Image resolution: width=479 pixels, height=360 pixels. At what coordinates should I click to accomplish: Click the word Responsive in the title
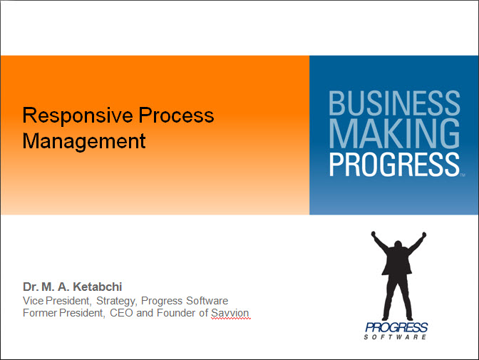pos(78,115)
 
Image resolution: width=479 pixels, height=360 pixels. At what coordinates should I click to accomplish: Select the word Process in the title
pos(176,115)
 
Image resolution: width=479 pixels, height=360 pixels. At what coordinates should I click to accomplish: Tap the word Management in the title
pos(84,141)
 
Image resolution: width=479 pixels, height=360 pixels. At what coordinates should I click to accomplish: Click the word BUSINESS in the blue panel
pos(394,103)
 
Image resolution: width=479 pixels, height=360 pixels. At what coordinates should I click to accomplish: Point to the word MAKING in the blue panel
pos(394,133)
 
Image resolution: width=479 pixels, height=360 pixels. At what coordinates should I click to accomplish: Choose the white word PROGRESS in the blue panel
pos(394,165)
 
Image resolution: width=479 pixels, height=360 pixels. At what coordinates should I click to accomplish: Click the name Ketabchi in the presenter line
pos(98,287)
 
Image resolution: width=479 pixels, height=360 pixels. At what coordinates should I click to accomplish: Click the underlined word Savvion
pos(230,313)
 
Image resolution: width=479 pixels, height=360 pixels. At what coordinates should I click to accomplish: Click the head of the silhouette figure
pos(398,245)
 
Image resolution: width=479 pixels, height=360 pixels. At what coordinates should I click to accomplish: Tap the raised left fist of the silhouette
pos(374,234)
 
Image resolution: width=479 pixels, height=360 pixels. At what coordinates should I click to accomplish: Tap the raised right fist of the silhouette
pos(423,235)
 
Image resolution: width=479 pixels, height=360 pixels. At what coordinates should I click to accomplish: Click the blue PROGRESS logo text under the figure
pos(396,328)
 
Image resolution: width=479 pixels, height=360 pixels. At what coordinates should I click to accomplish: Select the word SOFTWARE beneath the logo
pos(395,337)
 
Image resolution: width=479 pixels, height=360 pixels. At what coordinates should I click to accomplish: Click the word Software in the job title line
pos(207,301)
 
